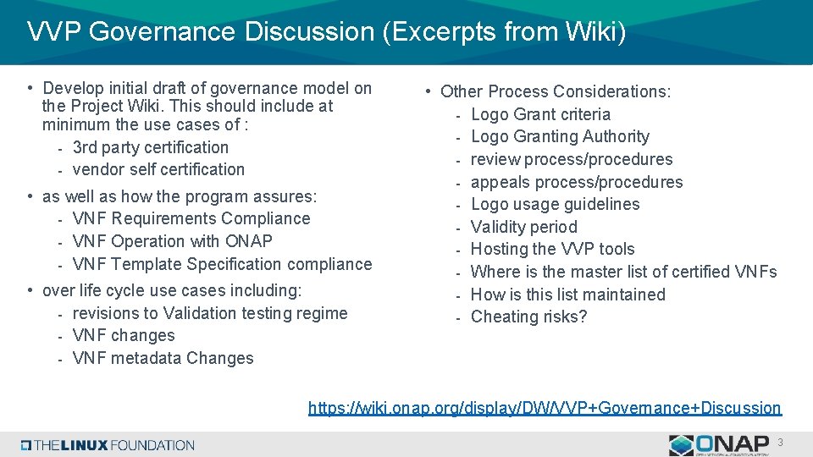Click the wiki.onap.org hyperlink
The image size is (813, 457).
click(545, 408)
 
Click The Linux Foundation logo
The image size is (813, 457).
click(108, 445)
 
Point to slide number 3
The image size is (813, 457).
click(780, 443)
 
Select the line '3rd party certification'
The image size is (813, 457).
click(151, 147)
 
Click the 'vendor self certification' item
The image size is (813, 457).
click(158, 169)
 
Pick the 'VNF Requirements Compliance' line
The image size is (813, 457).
click(191, 218)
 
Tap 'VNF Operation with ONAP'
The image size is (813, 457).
click(173, 241)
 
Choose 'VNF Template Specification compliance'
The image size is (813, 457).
click(222, 264)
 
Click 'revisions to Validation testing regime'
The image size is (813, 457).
click(210, 313)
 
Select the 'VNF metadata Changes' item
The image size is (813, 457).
click(163, 358)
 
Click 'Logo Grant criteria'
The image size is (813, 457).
click(540, 114)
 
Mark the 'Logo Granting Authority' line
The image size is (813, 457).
click(560, 136)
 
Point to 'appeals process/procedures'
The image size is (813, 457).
click(576, 182)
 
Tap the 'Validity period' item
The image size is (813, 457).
click(523, 227)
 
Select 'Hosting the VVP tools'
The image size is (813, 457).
click(552, 249)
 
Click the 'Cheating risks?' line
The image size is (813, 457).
click(528, 317)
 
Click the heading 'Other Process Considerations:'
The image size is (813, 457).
click(556, 91)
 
